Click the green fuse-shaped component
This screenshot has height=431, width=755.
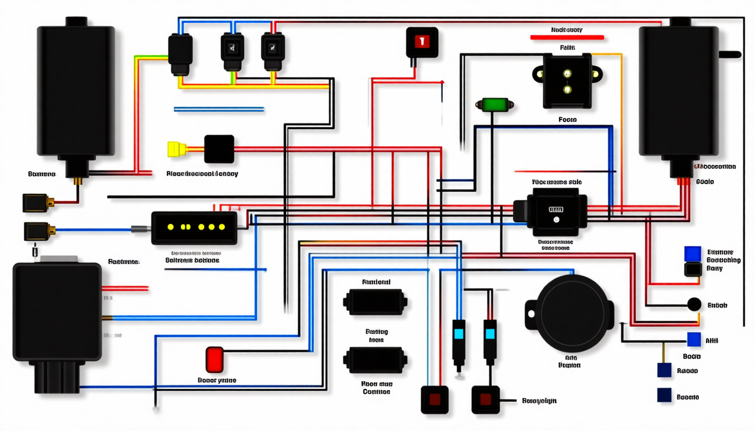click(493, 104)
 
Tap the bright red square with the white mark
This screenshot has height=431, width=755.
click(422, 41)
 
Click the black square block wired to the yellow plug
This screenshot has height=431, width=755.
click(219, 149)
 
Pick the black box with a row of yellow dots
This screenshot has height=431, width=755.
click(194, 227)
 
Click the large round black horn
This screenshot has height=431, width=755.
click(573, 313)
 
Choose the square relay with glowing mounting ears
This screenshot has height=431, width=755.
click(567, 80)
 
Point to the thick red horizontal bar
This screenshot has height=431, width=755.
click(567, 38)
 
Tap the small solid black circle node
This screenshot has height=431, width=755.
click(694, 305)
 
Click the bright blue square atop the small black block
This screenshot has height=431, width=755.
click(693, 254)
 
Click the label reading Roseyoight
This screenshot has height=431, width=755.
click(539, 401)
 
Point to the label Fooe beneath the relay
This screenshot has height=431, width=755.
click(567, 120)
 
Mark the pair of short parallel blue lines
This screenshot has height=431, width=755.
click(219, 109)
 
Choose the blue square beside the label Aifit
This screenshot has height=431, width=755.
click(694, 339)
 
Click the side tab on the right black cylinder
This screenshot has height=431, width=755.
click(730, 54)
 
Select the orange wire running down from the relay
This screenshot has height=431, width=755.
click(621, 129)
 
